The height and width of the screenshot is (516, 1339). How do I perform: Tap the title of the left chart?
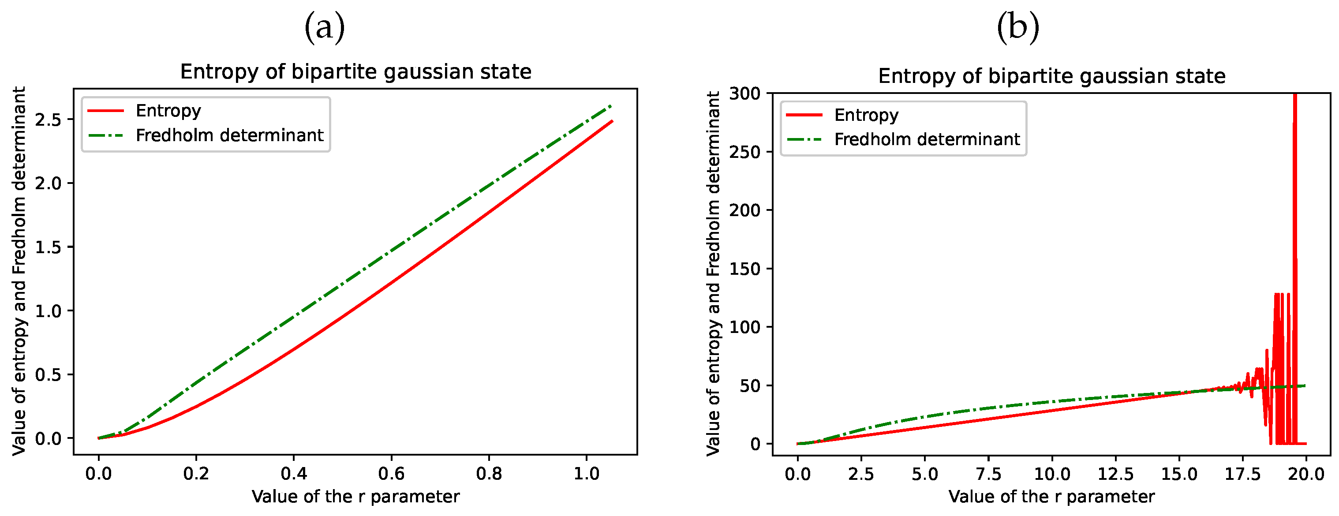[x=355, y=72]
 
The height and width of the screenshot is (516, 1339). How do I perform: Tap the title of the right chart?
[x=1051, y=76]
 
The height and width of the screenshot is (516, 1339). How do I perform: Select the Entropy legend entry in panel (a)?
[x=168, y=111]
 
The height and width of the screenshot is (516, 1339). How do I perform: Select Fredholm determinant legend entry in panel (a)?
[x=229, y=136]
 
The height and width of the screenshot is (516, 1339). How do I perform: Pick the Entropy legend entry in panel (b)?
[x=866, y=115]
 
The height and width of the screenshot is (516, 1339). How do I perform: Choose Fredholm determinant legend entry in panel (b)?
[x=927, y=139]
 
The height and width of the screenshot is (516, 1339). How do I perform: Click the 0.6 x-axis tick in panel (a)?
[x=391, y=473]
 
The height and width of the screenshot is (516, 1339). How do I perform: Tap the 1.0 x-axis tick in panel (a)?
[x=586, y=473]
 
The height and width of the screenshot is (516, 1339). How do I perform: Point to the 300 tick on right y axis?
[x=744, y=93]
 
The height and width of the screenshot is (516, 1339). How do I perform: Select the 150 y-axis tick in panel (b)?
[x=744, y=269]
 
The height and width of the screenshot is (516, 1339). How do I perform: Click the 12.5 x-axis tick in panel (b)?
[x=1115, y=473]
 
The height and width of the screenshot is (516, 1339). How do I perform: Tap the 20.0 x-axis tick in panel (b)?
[x=1306, y=473]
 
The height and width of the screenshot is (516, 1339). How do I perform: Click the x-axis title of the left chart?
[x=355, y=497]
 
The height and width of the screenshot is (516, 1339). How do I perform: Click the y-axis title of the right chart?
[x=713, y=274]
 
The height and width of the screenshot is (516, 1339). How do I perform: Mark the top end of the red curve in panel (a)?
[x=612, y=121]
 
